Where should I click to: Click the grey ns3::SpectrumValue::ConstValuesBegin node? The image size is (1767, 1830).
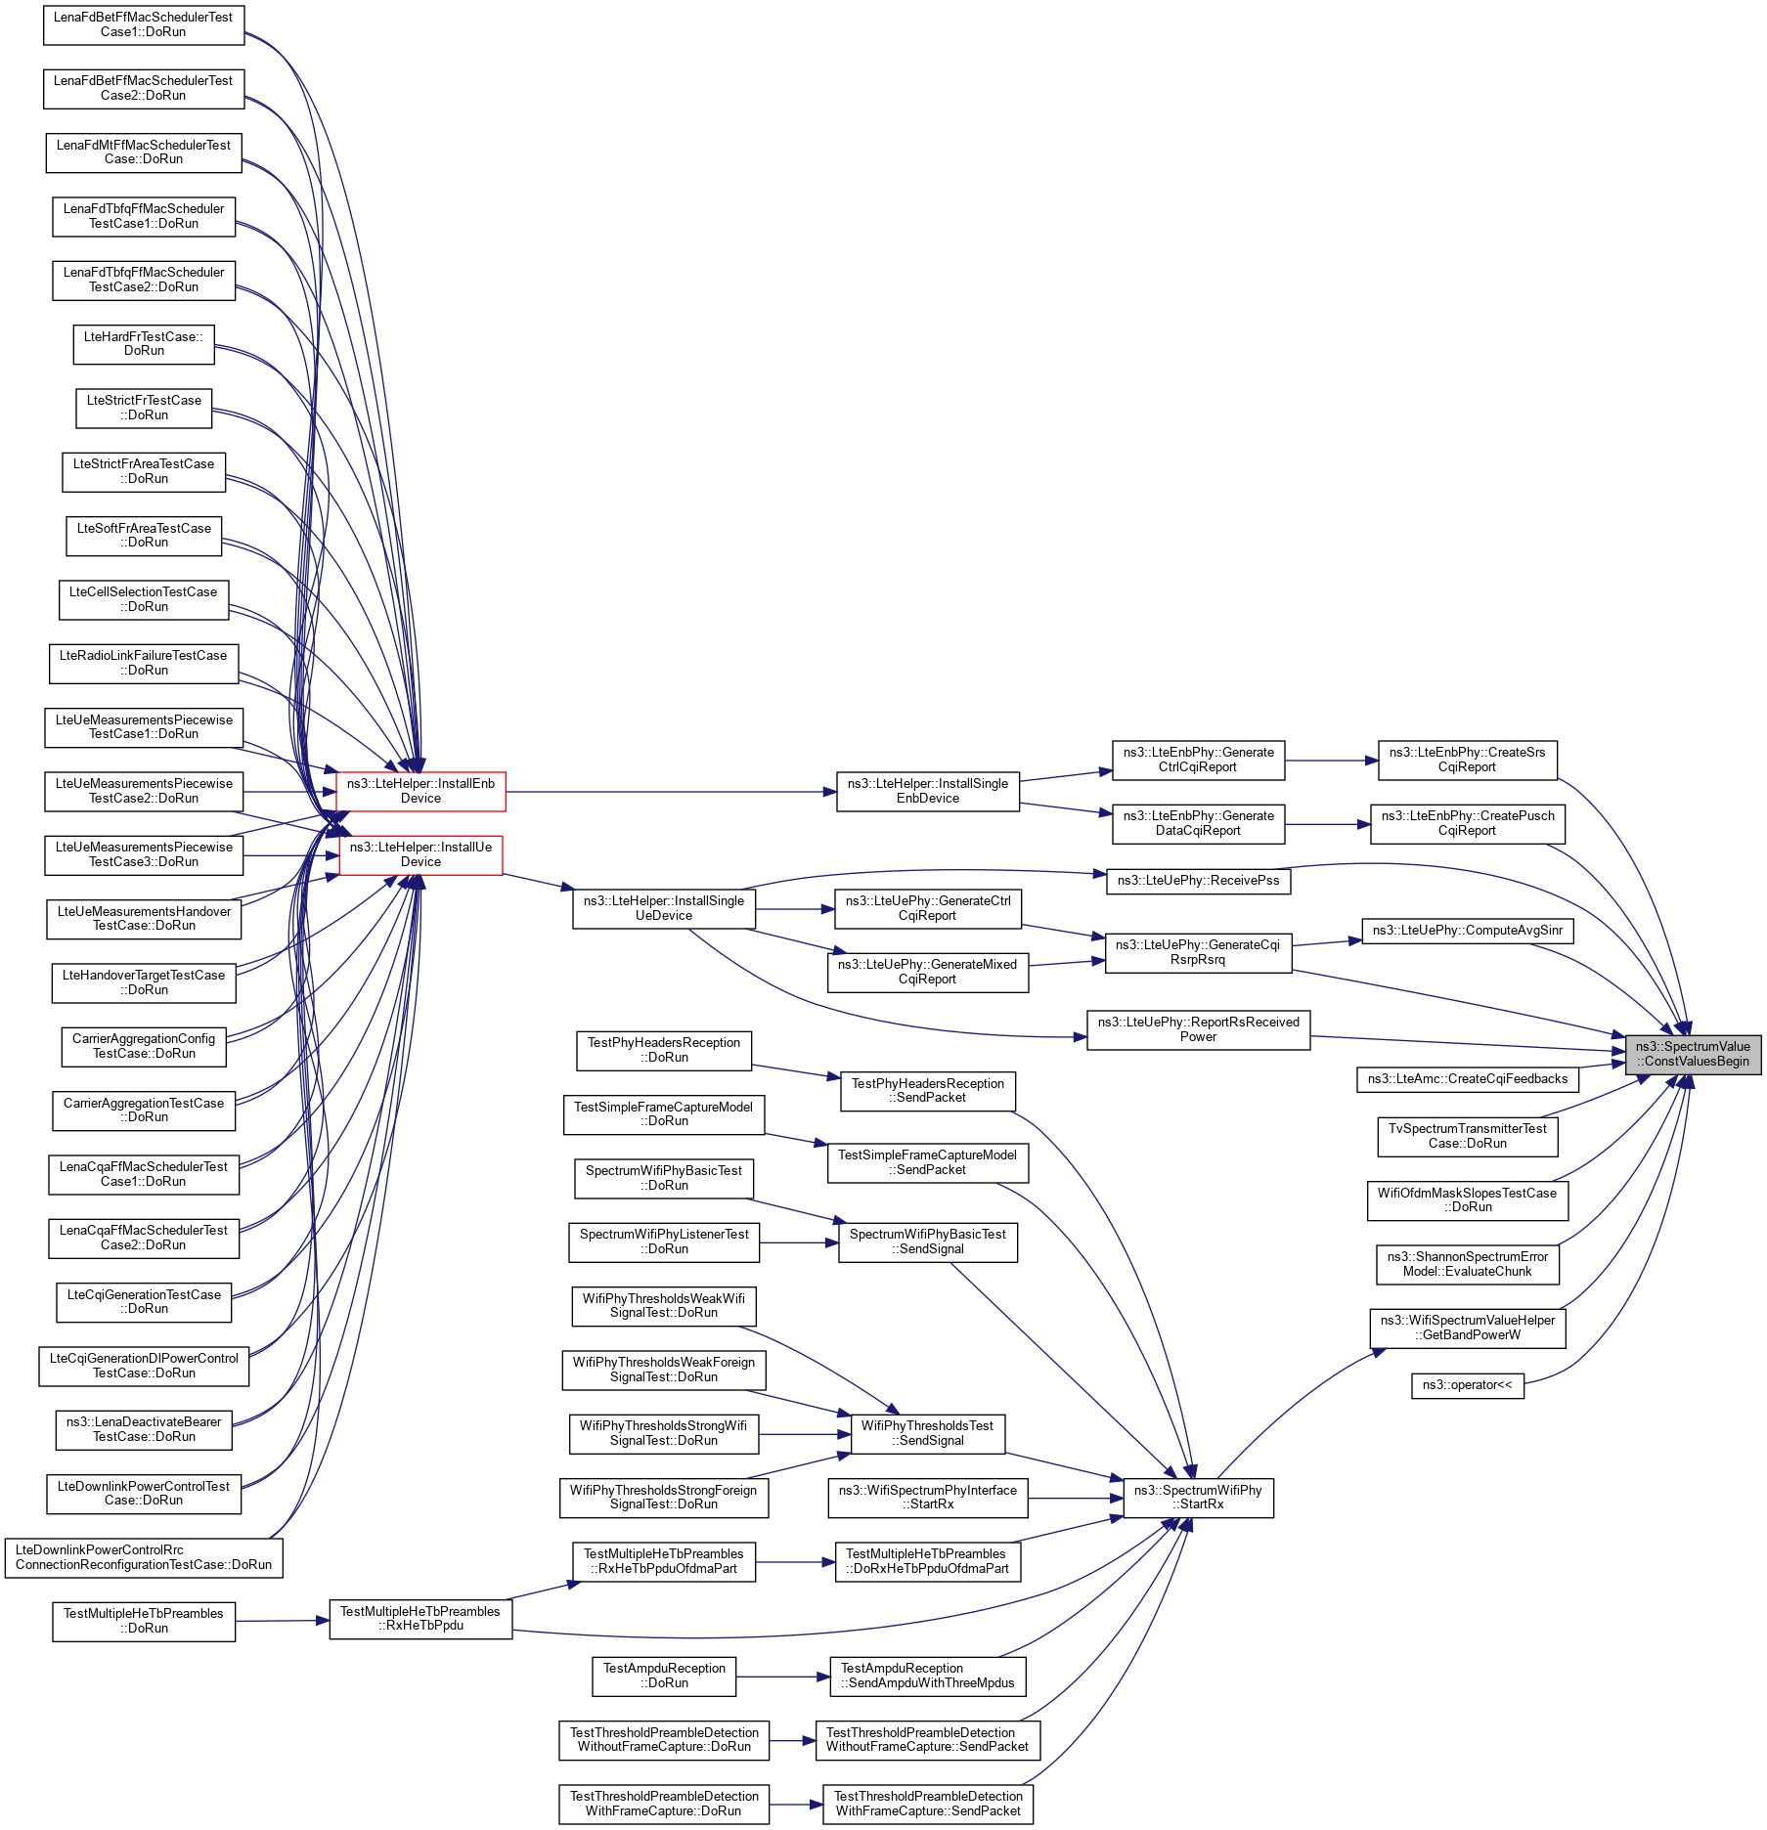1693,1054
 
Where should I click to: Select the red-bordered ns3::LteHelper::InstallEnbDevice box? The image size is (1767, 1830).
420,791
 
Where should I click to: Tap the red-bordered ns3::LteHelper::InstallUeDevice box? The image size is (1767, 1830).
420,854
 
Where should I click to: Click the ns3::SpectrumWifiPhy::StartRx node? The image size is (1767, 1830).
1198,1497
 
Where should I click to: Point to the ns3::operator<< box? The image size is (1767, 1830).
1467,1385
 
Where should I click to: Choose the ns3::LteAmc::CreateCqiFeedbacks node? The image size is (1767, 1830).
1467,1079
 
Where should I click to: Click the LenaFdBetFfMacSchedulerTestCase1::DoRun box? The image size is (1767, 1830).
144,24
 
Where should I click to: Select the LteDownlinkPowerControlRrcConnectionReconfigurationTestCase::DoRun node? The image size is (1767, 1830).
144,1557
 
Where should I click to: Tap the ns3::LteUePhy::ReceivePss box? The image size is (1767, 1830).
1198,881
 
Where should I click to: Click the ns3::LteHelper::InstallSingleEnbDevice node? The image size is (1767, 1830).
927,791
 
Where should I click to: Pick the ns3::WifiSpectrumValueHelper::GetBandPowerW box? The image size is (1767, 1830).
1467,1328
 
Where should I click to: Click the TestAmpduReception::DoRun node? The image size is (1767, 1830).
664,1676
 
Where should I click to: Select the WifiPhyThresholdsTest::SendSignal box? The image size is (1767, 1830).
927,1433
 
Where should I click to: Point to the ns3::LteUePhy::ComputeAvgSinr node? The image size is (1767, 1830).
1467,931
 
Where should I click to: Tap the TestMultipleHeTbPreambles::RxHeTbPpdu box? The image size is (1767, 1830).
420,1619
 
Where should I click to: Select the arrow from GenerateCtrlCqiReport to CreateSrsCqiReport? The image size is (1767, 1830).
1331,761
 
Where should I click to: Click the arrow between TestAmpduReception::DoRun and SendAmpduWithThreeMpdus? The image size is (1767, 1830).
782,1677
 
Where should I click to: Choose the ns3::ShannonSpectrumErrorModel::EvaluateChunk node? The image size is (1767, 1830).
1467,1264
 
